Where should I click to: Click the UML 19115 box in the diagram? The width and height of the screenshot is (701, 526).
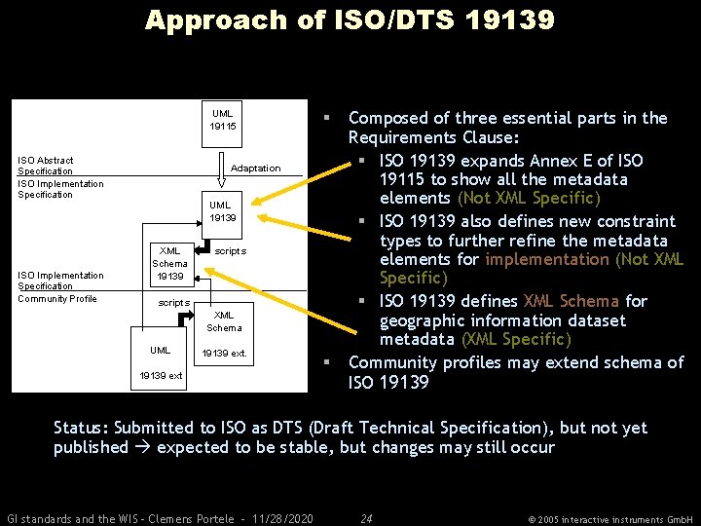coord(222,120)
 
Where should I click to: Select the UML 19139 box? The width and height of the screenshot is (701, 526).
coord(222,210)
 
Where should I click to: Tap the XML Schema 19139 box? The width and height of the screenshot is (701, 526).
coord(169,263)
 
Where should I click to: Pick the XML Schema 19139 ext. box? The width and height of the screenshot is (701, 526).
coord(224,333)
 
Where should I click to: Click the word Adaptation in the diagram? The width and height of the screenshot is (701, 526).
coord(255,169)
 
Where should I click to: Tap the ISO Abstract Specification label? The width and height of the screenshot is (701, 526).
coord(46,166)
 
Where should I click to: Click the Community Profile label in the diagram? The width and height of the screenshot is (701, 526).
coord(57,298)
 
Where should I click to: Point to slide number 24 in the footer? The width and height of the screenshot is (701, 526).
coord(366,518)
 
